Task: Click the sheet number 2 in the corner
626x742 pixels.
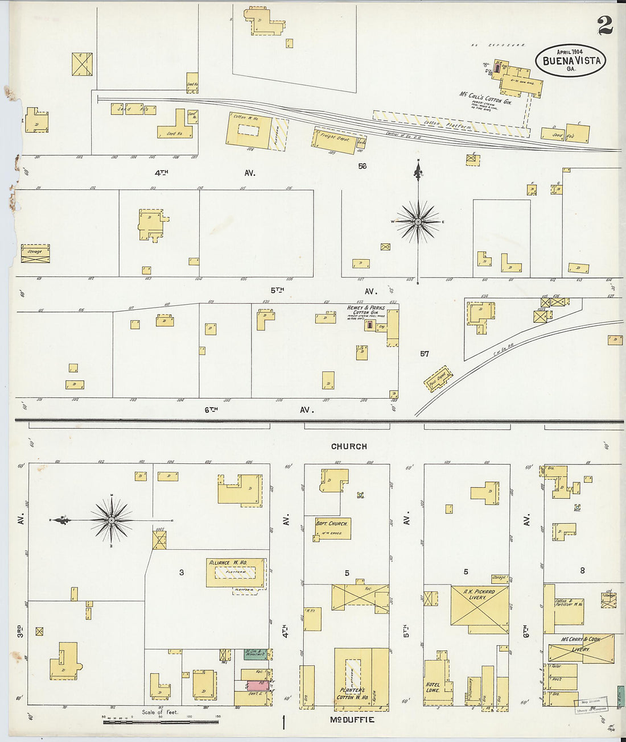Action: (605, 25)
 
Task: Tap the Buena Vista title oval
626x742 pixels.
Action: (571, 60)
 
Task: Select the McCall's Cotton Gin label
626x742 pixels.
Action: (485, 97)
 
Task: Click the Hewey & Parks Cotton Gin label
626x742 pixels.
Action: (366, 310)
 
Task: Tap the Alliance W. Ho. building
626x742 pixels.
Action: (236, 572)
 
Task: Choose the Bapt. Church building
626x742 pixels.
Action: (332, 528)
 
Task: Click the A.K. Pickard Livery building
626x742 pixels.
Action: (479, 606)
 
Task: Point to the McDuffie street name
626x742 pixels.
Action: (352, 720)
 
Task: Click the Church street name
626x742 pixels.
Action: (349, 446)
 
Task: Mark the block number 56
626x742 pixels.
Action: (362, 166)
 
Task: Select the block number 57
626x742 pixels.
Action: (425, 354)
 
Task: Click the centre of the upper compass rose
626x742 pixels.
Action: (418, 221)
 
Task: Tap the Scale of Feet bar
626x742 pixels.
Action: (160, 722)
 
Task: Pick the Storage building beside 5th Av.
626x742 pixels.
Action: (35, 253)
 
